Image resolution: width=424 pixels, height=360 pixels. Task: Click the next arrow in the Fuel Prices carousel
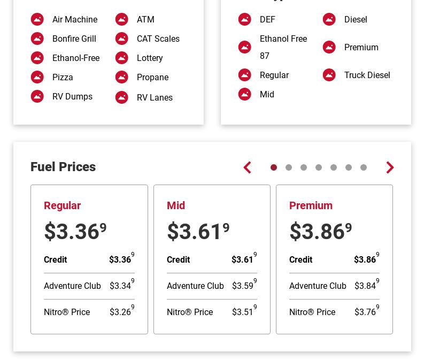click(x=390, y=167)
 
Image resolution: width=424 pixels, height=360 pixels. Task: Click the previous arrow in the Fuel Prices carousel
click(x=247, y=167)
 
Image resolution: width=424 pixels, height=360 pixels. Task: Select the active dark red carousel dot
click(x=274, y=167)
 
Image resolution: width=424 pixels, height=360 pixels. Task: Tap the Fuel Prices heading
click(x=63, y=167)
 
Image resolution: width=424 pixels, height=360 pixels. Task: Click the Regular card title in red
click(x=62, y=205)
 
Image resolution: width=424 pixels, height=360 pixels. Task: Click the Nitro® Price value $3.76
click(x=366, y=312)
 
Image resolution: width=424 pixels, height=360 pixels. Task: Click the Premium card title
click(x=311, y=205)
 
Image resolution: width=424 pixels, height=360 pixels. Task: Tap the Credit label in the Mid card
click(x=178, y=259)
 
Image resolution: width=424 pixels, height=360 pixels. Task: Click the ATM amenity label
click(x=145, y=19)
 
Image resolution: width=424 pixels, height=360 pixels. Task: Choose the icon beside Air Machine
click(x=37, y=19)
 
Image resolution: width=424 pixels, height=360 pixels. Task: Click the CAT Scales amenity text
click(x=158, y=39)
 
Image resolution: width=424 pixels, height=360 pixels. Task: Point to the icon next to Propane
click(x=122, y=77)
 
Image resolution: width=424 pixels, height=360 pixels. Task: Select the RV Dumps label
click(x=72, y=96)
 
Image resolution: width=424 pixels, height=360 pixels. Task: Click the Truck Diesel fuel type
click(x=367, y=75)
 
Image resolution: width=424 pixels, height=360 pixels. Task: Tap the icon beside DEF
click(x=245, y=19)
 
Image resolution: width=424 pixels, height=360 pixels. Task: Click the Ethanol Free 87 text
click(x=283, y=47)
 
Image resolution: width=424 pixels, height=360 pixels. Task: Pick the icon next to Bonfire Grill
click(x=37, y=39)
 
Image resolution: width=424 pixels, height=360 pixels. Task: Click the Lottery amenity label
click(x=150, y=58)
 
